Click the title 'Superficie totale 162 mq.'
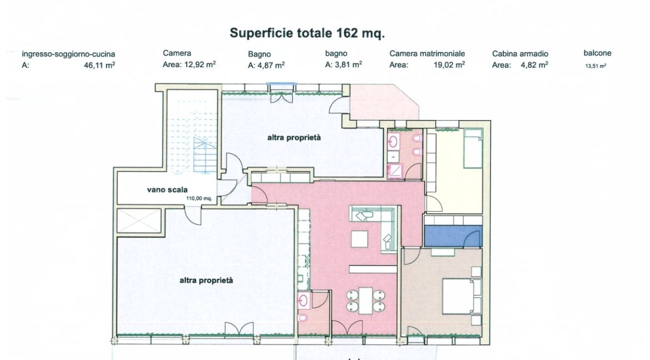(307, 33)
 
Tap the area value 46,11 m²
(99, 65)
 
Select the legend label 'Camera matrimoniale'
(427, 53)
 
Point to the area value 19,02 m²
(449, 64)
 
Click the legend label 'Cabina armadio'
(520, 53)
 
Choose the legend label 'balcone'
(597, 53)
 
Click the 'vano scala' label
(167, 190)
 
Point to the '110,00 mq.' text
(199, 198)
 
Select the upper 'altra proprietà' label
(294, 138)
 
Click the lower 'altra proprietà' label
(206, 281)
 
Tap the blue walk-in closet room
(453, 236)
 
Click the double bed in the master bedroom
(458, 296)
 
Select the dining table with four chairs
(366, 301)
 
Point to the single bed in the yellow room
(473, 148)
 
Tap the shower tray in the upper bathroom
(395, 172)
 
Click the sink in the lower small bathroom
(304, 300)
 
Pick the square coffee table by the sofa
(359, 239)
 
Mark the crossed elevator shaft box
(139, 221)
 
